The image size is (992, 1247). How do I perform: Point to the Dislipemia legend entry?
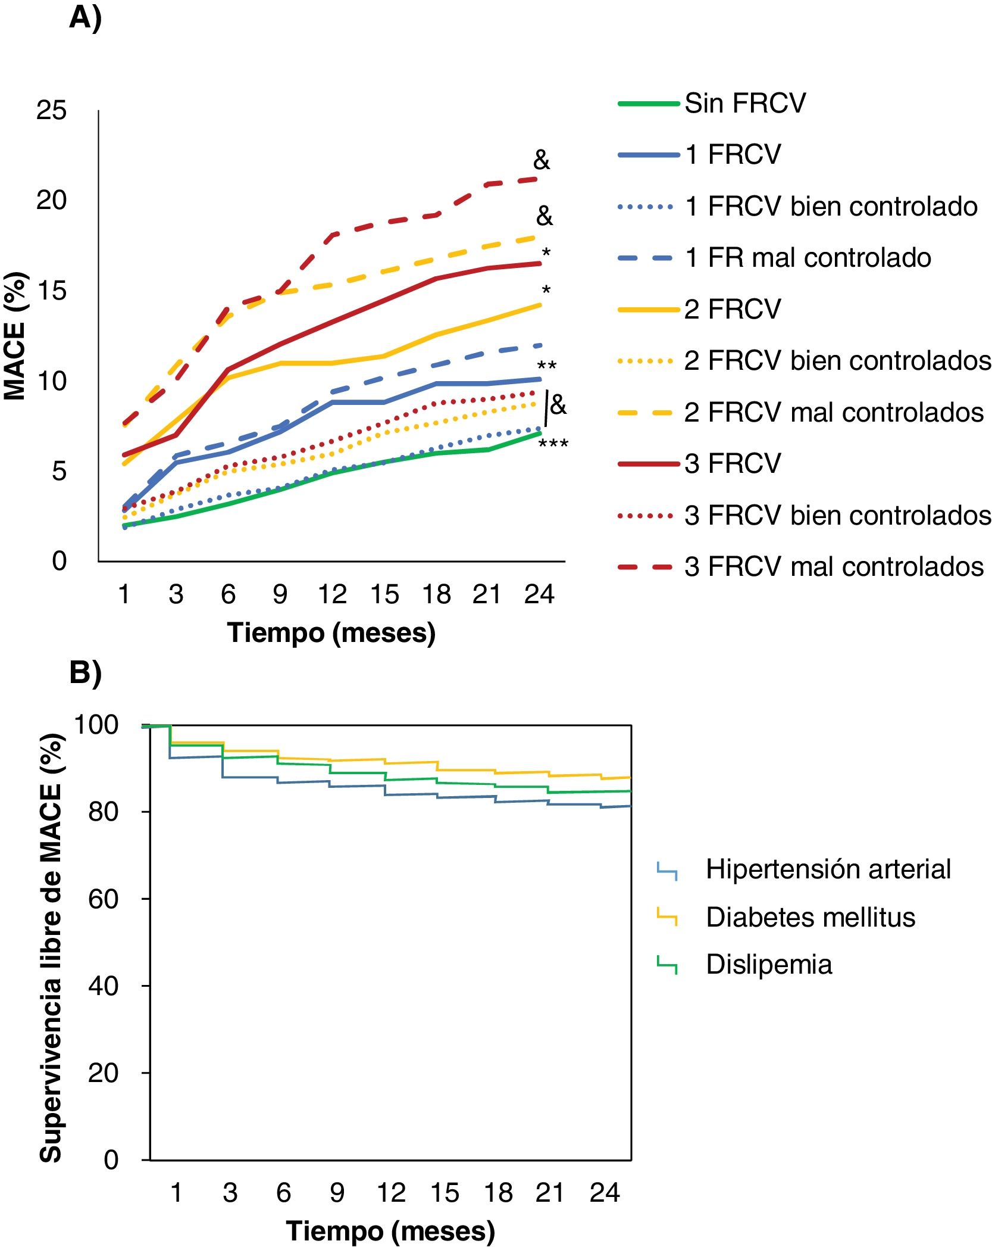(x=768, y=965)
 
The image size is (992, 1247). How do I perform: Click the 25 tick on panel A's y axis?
(x=51, y=111)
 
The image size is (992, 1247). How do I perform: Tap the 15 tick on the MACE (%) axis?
(x=51, y=291)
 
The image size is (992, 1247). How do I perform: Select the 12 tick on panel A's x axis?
(x=332, y=594)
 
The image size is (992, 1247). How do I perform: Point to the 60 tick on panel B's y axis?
(x=103, y=899)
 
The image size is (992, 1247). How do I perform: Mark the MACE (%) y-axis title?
(x=15, y=336)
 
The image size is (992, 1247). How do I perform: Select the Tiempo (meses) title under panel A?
(x=331, y=633)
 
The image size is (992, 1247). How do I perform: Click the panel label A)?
(x=85, y=18)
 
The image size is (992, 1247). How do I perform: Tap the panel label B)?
(x=85, y=673)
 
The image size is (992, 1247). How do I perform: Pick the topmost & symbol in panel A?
(x=542, y=160)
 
